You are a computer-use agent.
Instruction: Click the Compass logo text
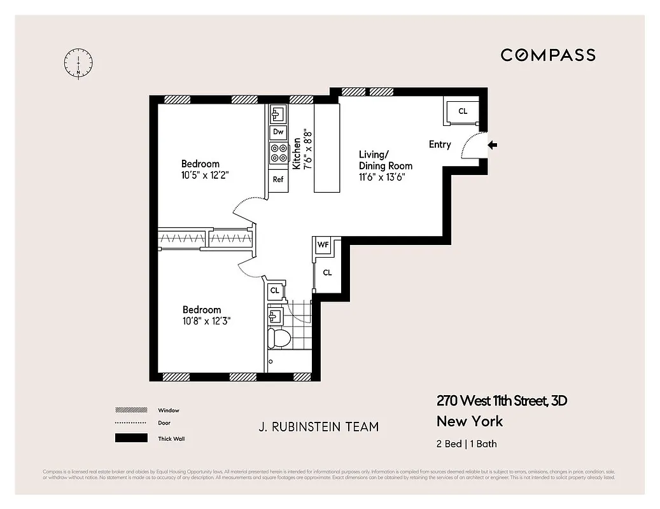pos(547,55)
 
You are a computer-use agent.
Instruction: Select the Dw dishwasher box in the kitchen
pos(277,132)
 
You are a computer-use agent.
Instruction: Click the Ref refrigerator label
pos(278,179)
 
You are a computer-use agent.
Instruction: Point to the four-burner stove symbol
pos(278,153)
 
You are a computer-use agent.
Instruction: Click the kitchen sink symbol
pos(277,114)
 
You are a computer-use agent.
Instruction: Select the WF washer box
pos(323,245)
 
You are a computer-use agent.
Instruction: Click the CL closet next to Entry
pos(463,111)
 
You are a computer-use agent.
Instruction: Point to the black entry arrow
pos(493,146)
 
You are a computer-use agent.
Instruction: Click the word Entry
pos(440,145)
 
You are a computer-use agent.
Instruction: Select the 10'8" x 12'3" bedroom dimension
pos(206,321)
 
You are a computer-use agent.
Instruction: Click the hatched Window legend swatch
pos(130,410)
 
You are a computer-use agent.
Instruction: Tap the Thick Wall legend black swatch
pos(130,438)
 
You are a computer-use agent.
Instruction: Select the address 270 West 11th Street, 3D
pos(502,401)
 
